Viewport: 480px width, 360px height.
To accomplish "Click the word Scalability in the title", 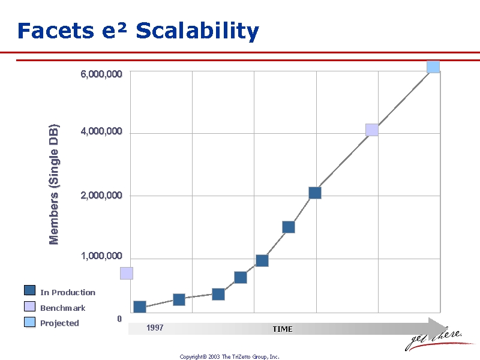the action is pyautogui.click(x=197, y=31).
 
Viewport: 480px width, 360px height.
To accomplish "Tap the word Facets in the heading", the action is pyautogui.click(x=56, y=31).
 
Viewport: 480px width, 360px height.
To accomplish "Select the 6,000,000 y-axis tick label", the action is pyautogui.click(x=101, y=74).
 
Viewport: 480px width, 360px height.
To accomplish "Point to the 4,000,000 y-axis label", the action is pyautogui.click(x=101, y=131).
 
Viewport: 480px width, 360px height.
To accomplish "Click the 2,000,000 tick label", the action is pyautogui.click(x=101, y=196).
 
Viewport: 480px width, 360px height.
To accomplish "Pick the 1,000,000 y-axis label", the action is pyautogui.click(x=101, y=256).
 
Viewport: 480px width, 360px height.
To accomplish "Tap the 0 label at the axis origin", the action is pyautogui.click(x=119, y=319).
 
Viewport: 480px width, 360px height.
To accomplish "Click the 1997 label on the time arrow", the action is pyautogui.click(x=155, y=328).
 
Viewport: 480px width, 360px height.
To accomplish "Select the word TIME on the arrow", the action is pyautogui.click(x=283, y=329).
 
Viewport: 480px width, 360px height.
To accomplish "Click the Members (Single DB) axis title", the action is pyautogui.click(x=53, y=184).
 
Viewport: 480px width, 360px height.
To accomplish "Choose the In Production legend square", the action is pyautogui.click(x=29, y=290).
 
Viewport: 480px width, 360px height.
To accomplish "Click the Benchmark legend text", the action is pyautogui.click(x=63, y=308).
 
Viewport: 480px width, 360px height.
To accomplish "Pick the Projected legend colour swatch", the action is pyautogui.click(x=29, y=322).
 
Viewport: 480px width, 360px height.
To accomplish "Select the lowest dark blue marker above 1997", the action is pyautogui.click(x=140, y=307).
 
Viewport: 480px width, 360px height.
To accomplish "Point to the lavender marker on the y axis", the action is pyautogui.click(x=127, y=273).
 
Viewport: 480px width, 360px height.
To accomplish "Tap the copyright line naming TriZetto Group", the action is pyautogui.click(x=229, y=356).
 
